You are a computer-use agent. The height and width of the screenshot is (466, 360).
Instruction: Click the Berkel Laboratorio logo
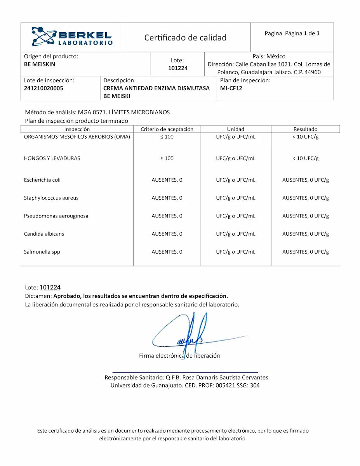pyautogui.click(x=72, y=37)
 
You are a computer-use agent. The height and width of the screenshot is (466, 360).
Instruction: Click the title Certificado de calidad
pyautogui.click(x=185, y=38)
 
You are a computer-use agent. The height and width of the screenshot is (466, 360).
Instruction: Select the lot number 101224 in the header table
pyautogui.click(x=178, y=68)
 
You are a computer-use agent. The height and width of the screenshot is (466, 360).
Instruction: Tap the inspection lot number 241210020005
pyautogui.click(x=43, y=88)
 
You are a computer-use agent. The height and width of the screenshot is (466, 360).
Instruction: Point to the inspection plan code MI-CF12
pyautogui.click(x=231, y=88)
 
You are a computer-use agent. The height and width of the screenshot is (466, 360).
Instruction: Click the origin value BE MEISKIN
pyautogui.click(x=40, y=64)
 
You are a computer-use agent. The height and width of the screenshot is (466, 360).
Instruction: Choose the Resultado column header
pyautogui.click(x=305, y=129)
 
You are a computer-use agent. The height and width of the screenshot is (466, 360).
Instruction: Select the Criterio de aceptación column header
pyautogui.click(x=167, y=129)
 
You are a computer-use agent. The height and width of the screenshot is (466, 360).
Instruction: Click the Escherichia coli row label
pyautogui.click(x=42, y=180)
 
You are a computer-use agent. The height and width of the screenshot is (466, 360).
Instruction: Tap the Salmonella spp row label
pyautogui.click(x=42, y=252)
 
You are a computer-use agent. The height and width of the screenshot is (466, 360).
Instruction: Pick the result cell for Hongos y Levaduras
pyautogui.click(x=305, y=158)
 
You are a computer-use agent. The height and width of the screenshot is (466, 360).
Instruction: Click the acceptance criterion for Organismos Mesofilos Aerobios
pyautogui.click(x=167, y=137)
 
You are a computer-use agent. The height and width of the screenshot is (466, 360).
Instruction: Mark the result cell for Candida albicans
pyautogui.click(x=305, y=234)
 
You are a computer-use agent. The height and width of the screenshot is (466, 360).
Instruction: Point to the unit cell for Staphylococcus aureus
pyautogui.click(x=236, y=198)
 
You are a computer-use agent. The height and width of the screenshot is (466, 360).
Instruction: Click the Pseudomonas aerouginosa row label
pyautogui.click(x=56, y=216)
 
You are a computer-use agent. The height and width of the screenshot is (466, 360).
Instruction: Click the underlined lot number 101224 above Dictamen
pyautogui.click(x=50, y=287)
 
